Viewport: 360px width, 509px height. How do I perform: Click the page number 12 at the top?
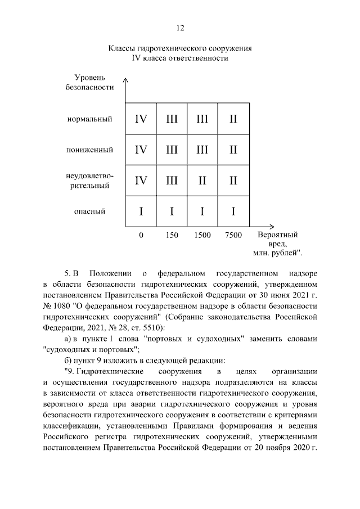pos(180,28)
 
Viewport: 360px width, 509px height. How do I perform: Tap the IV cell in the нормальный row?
pos(141,119)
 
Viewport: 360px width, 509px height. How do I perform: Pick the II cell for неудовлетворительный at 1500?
pos(202,180)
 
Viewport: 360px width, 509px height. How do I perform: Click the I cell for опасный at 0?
pos(141,211)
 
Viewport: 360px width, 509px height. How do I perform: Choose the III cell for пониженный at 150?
pos(172,150)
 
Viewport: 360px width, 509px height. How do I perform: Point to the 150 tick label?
pos(172,235)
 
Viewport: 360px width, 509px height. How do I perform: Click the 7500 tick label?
pos(233,235)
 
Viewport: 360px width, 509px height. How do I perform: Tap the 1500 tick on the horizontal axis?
pos(202,235)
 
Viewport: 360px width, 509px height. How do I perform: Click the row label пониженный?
pos(90,150)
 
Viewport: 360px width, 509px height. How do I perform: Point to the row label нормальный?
pos(89,119)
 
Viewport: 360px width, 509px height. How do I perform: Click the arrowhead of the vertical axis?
pos(126,82)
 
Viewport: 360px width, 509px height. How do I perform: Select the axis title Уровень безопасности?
pos(93,82)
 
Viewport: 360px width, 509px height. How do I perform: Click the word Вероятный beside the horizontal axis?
pos(278,235)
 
